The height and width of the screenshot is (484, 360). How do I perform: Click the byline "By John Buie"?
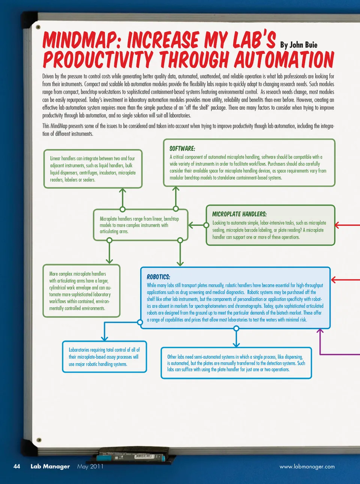[298, 45]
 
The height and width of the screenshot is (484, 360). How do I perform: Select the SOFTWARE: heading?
[182, 149]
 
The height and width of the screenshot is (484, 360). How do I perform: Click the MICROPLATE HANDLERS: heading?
[239, 214]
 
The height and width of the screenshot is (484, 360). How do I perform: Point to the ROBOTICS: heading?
[158, 277]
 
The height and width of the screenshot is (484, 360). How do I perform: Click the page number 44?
[17, 466]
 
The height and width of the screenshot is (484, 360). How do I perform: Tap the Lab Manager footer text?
[50, 466]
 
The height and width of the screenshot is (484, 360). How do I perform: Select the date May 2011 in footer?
[90, 466]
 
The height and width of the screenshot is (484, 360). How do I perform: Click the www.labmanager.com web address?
[307, 467]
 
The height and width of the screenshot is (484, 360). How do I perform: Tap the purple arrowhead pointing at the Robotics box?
[320, 331]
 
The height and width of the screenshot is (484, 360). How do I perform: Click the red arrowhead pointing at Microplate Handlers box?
[337, 225]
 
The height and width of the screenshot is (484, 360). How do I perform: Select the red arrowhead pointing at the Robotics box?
[334, 280]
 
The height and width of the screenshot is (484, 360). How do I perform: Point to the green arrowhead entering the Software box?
[175, 189]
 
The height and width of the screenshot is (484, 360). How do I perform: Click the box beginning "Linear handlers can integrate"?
[93, 169]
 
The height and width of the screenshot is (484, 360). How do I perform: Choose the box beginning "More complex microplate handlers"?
[81, 291]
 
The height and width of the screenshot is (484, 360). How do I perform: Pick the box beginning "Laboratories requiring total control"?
[104, 357]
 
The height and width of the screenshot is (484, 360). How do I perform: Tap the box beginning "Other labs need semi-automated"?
[236, 363]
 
